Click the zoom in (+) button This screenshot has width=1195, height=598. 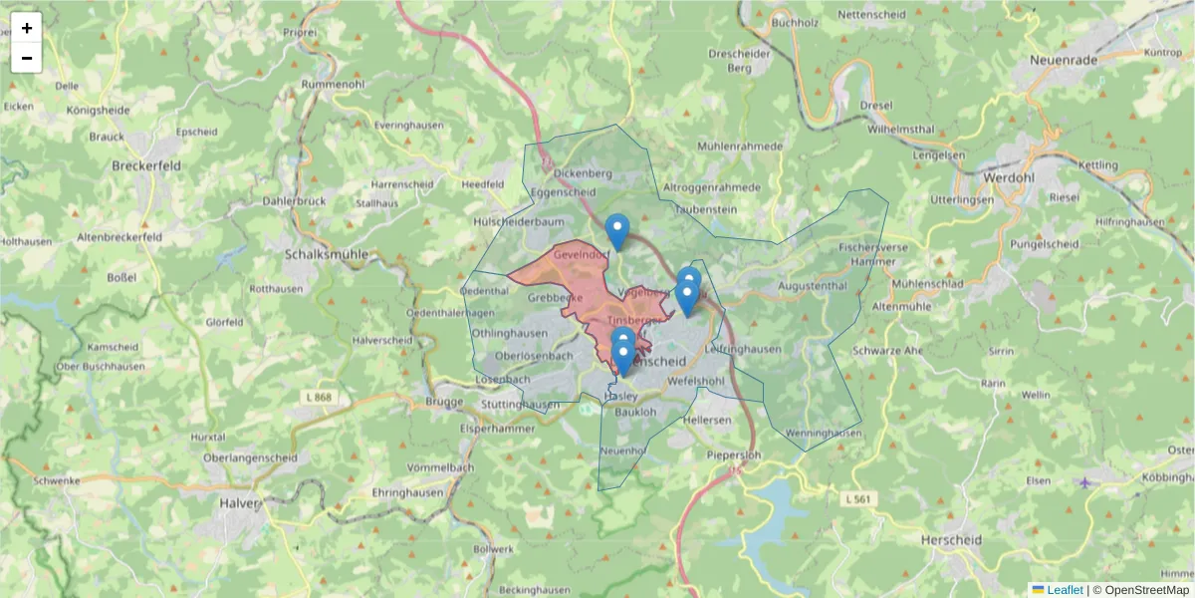27,28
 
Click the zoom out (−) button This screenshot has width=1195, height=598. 27,58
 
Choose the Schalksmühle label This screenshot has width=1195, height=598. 326,254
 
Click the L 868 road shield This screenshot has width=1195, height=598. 321,398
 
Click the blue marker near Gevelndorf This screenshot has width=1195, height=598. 617,231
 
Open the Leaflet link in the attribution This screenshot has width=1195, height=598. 1064,590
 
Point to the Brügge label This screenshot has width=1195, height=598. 444,402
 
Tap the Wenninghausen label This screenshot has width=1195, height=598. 823,434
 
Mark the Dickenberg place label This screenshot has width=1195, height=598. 583,172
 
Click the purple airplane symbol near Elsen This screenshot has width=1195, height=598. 1084,483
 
